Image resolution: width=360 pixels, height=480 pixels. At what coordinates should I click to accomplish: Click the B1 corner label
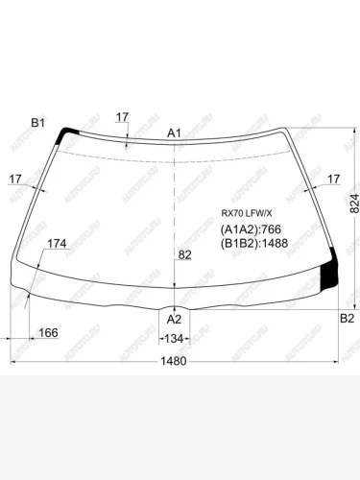tap(38, 122)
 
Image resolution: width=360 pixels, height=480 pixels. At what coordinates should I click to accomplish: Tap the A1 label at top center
tap(174, 132)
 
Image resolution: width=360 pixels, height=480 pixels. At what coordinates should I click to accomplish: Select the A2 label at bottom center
tap(174, 319)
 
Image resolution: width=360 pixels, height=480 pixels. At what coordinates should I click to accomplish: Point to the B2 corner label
tap(348, 318)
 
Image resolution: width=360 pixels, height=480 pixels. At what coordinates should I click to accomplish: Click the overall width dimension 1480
tap(174, 361)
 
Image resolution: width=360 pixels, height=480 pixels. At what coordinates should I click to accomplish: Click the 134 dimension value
tap(174, 339)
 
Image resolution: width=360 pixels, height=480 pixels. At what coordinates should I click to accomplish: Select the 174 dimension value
tap(57, 244)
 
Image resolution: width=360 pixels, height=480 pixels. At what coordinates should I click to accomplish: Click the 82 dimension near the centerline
tap(184, 254)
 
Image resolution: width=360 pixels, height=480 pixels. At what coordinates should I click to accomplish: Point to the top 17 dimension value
tap(122, 117)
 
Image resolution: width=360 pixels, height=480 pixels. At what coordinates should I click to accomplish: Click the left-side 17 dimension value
tap(16, 179)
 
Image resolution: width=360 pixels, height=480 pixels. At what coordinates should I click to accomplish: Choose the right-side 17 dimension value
tap(333, 179)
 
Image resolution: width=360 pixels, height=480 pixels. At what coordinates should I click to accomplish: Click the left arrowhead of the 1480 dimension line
tap(13, 361)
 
